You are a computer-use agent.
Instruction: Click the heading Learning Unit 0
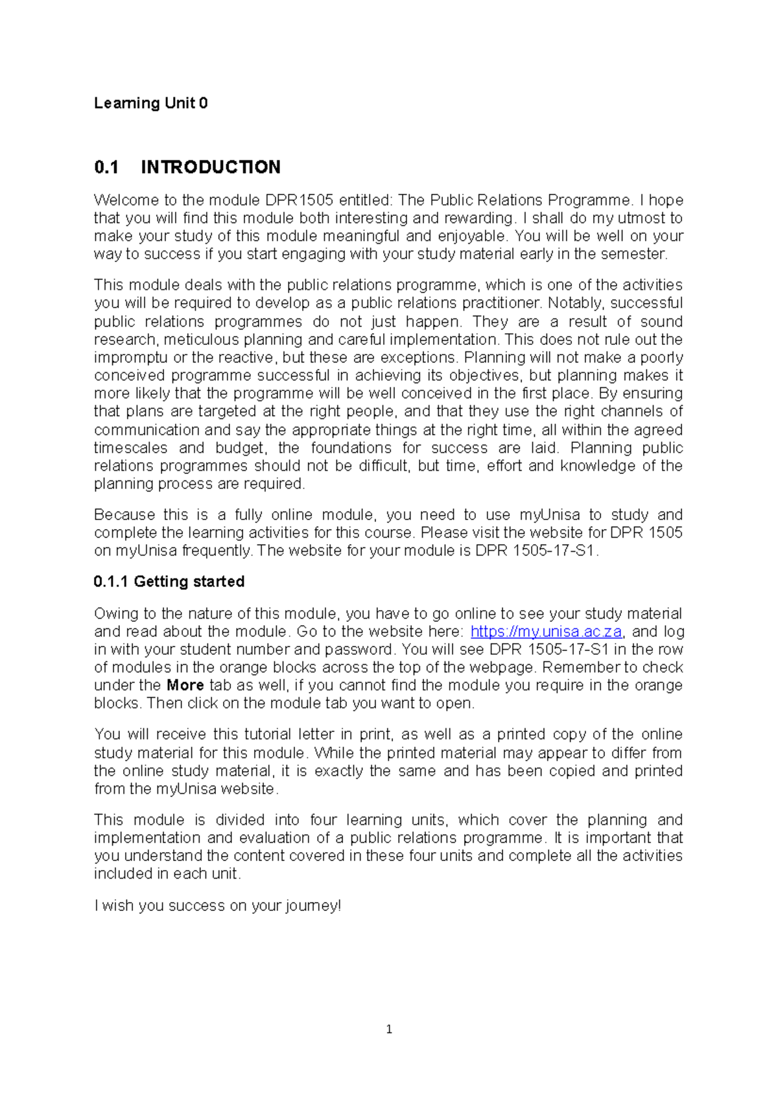tap(150, 103)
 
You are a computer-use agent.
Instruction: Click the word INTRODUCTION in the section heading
tap(211, 167)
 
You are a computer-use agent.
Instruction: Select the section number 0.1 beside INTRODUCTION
tap(106, 167)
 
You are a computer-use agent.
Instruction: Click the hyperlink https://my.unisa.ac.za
tap(546, 632)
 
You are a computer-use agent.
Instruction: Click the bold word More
tap(185, 685)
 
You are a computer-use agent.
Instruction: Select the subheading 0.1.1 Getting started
tap(169, 582)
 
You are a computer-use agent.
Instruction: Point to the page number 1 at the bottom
tap(389, 1029)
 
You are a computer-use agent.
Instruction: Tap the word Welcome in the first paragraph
tap(124, 200)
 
